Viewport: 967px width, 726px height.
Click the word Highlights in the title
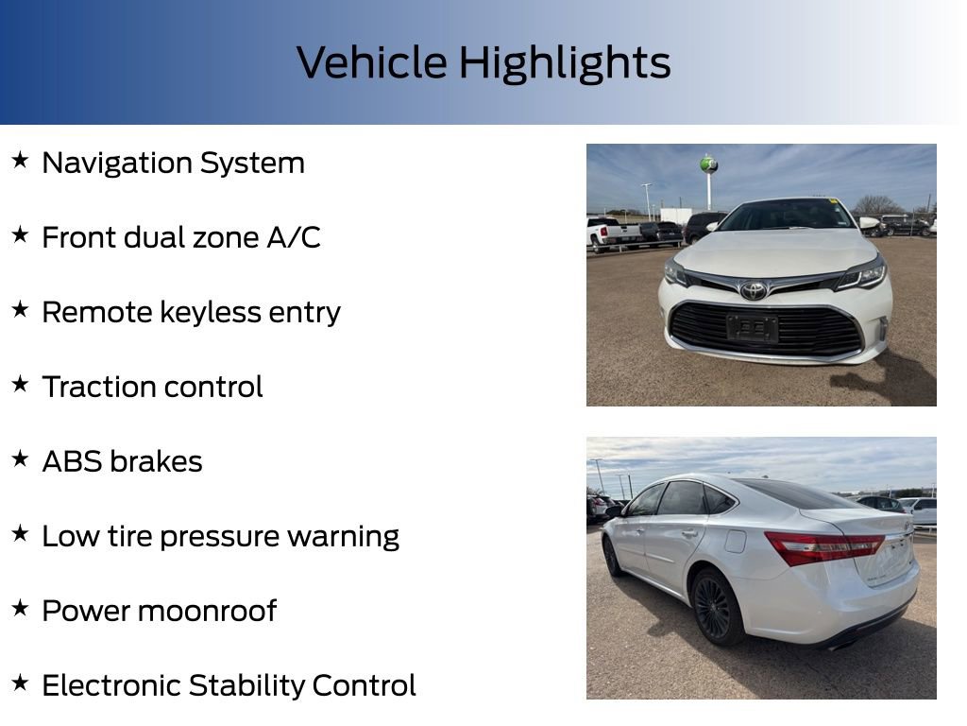point(565,62)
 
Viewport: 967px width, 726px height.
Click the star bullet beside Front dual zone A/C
point(20,235)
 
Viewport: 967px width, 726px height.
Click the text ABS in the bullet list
point(71,461)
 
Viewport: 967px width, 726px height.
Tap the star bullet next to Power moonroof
point(20,609)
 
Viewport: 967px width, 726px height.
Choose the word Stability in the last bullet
point(246,685)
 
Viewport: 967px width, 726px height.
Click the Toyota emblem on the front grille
point(754,290)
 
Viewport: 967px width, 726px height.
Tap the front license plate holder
point(753,328)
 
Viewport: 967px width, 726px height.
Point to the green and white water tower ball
point(709,164)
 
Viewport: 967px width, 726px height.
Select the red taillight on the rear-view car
point(822,546)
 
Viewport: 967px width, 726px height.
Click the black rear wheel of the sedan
point(712,606)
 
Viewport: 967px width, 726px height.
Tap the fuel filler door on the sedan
point(735,541)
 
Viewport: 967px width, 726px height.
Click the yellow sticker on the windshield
point(834,201)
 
